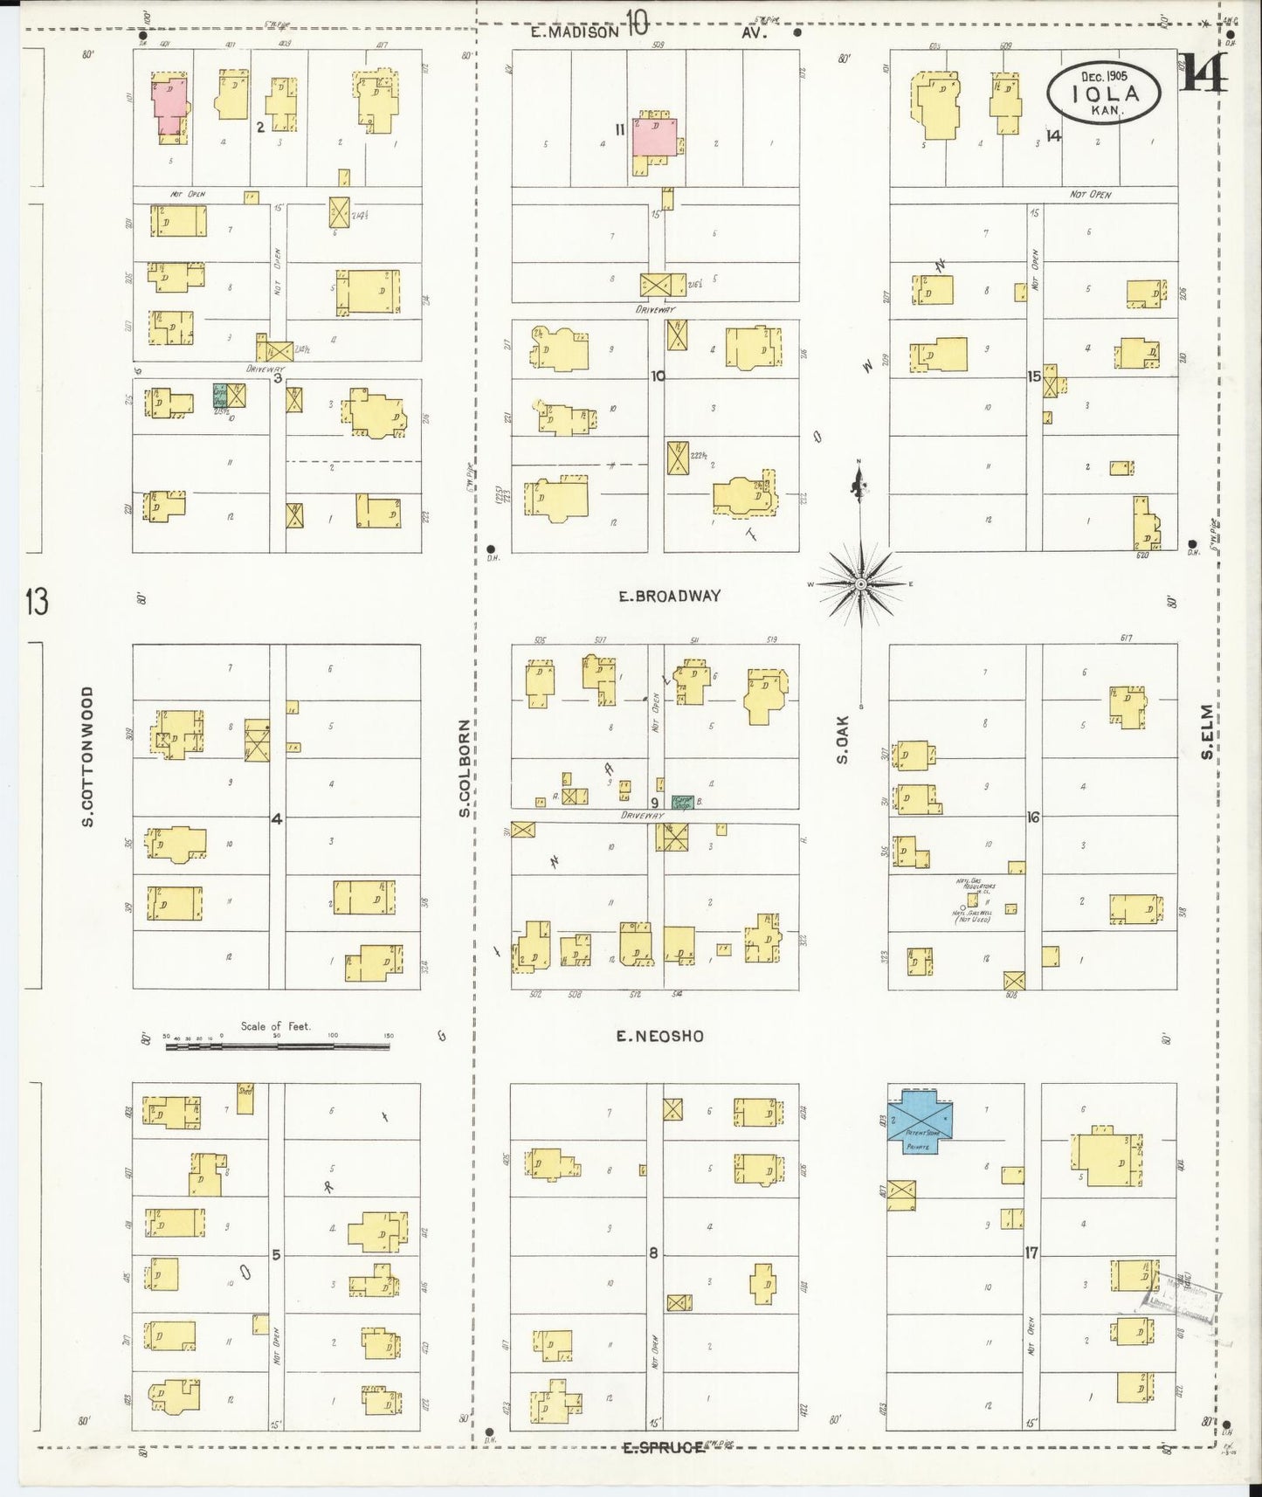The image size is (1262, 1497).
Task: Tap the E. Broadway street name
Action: (x=670, y=596)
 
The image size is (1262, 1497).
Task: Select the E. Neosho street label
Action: (x=659, y=1036)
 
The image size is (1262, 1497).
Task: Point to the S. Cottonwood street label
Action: (x=87, y=756)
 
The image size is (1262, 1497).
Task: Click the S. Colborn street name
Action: (x=465, y=769)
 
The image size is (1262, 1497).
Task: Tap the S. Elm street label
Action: (x=1207, y=731)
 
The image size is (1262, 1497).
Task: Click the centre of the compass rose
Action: (x=860, y=583)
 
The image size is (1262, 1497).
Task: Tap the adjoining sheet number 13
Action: (x=36, y=602)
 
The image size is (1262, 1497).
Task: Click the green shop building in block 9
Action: (x=682, y=802)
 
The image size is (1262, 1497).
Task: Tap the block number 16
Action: (x=1033, y=817)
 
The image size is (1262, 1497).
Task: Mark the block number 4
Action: (x=276, y=819)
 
